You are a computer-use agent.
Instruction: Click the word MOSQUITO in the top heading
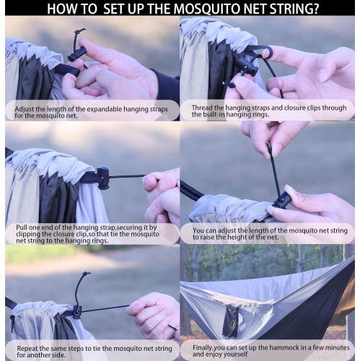(x=219, y=9)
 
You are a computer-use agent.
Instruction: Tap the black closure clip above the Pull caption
(x=102, y=176)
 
